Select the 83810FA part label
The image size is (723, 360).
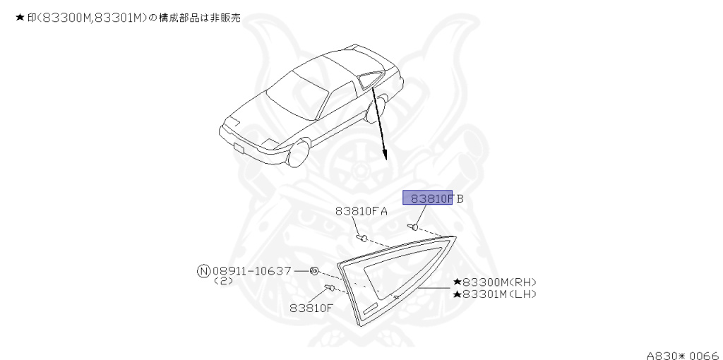click(361, 210)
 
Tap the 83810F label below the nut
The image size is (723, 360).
click(311, 307)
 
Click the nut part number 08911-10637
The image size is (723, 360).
click(251, 270)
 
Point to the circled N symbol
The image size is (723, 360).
click(203, 270)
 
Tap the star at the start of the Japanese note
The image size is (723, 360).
click(19, 17)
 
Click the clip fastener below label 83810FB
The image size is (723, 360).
click(414, 227)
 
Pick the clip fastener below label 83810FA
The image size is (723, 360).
click(363, 237)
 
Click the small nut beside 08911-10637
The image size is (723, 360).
click(315, 270)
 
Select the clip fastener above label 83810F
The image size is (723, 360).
click(329, 287)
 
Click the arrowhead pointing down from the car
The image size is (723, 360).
click(385, 155)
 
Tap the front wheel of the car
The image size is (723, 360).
click(300, 155)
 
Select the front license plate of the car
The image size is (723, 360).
click(239, 149)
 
